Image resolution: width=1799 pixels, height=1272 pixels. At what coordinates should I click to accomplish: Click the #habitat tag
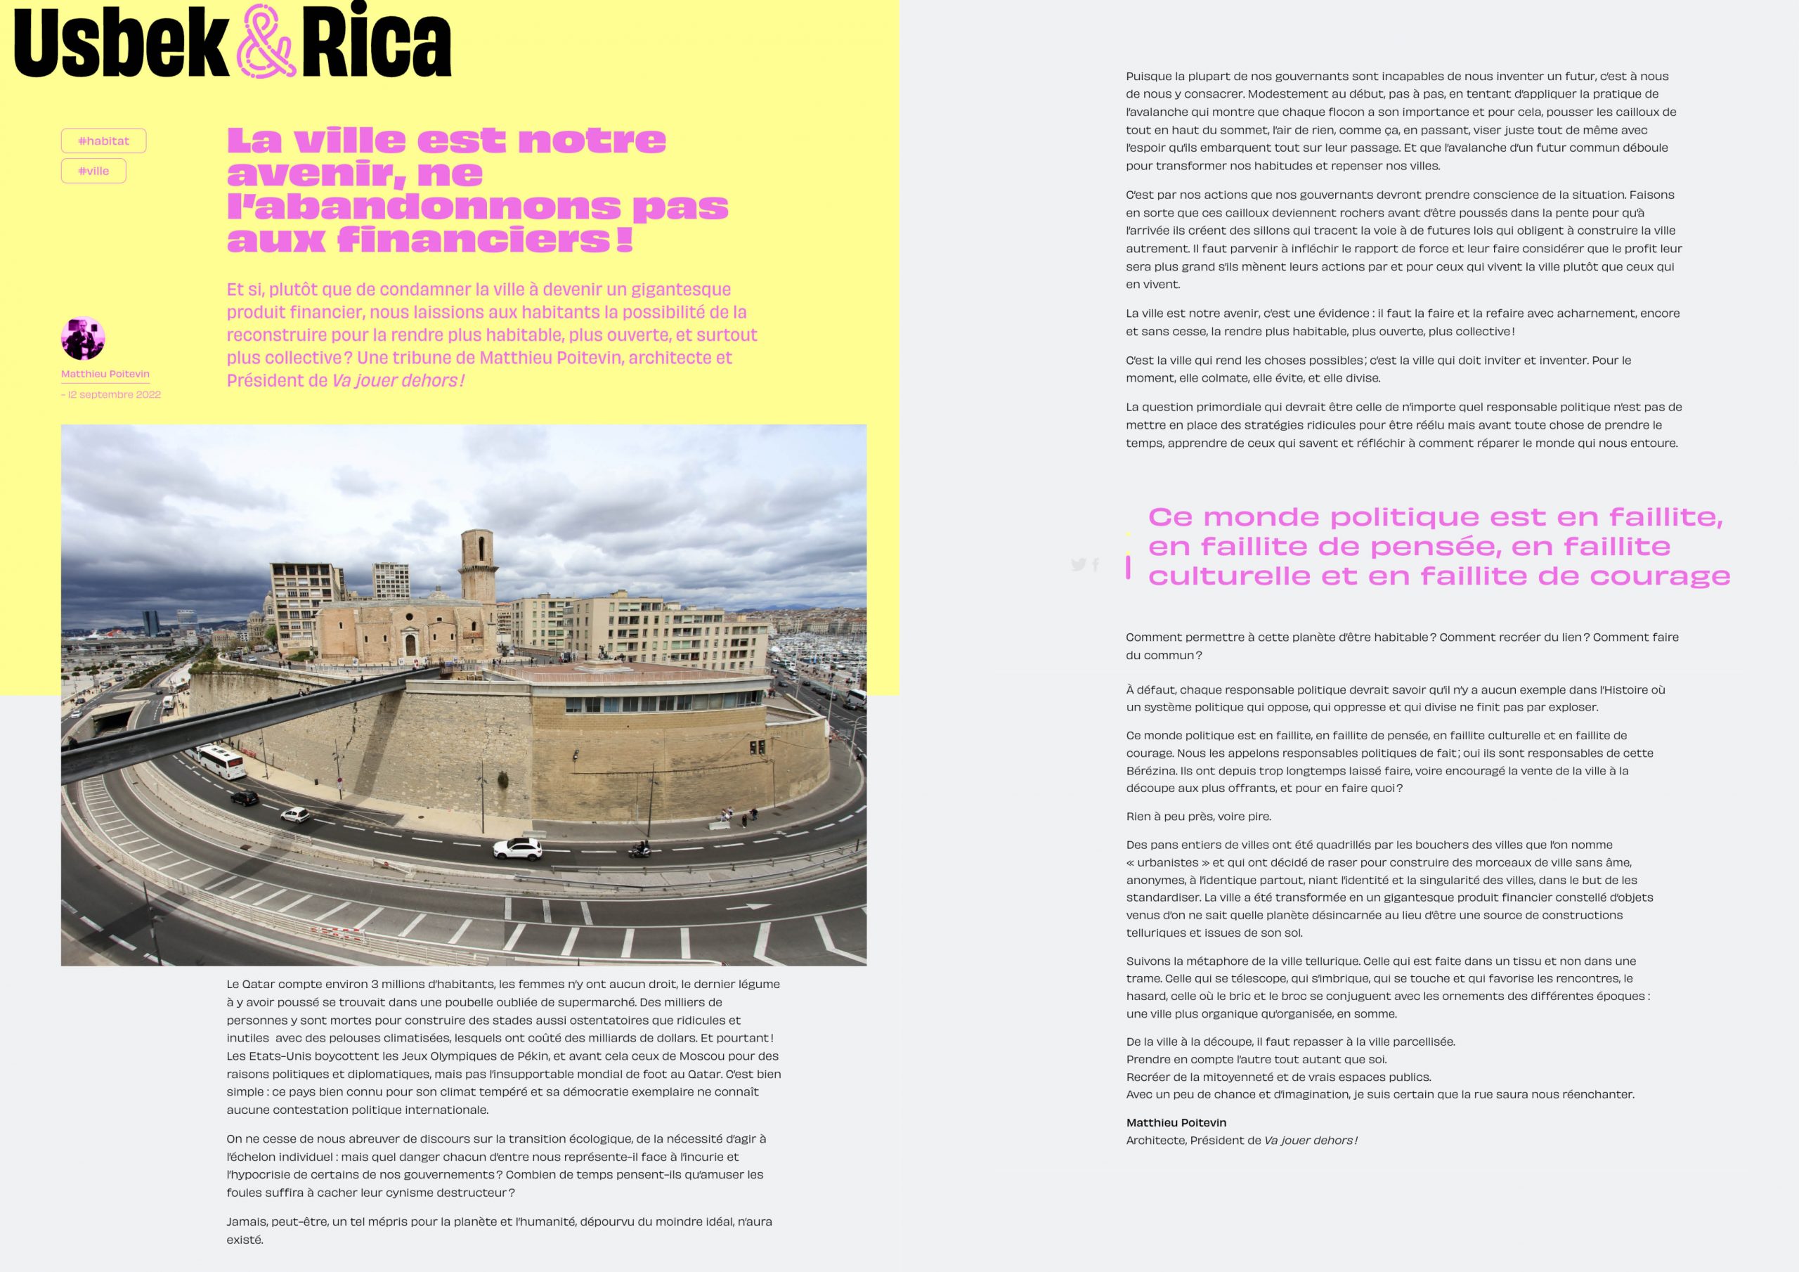[103, 141]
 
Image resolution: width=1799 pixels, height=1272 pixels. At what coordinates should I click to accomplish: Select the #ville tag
[93, 171]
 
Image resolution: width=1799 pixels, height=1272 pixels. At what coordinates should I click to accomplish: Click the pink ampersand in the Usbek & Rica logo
[265, 41]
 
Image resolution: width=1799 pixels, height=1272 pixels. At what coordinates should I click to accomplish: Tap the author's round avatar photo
[83, 339]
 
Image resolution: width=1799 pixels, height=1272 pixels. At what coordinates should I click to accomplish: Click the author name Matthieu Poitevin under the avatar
[105, 374]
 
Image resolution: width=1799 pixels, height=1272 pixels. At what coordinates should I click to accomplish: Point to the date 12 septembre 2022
[114, 394]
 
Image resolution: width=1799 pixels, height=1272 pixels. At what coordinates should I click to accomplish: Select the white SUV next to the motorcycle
[517, 848]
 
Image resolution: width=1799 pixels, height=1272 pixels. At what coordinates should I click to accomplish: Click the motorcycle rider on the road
[640, 848]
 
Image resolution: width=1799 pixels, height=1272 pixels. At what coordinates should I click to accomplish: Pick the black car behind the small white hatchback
[245, 798]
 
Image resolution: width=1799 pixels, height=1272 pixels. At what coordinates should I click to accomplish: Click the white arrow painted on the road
[748, 906]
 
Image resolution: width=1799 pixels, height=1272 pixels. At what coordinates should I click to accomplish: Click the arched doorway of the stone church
[410, 646]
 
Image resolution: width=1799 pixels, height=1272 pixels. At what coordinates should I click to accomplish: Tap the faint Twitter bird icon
[1078, 564]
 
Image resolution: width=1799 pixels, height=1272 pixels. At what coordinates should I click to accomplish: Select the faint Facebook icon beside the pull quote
[1096, 564]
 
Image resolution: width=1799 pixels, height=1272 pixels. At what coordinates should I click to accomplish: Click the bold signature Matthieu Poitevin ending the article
[1176, 1122]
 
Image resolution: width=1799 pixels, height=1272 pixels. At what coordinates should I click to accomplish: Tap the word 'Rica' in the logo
[376, 43]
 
